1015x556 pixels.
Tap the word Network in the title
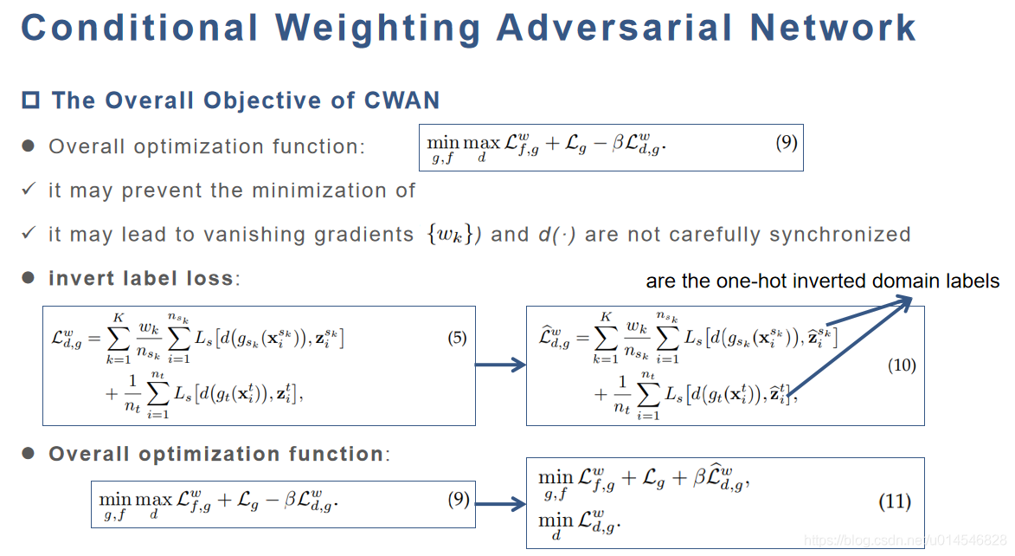[833, 28]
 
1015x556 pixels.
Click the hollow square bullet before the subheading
[31, 100]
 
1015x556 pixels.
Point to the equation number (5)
[457, 339]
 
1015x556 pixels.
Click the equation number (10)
[902, 365]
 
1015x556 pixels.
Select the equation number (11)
[895, 501]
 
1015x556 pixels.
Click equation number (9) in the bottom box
[459, 499]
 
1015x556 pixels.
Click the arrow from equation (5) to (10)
[501, 365]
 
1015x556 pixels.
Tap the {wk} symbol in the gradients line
[447, 235]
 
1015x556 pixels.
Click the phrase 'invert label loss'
[141, 279]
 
